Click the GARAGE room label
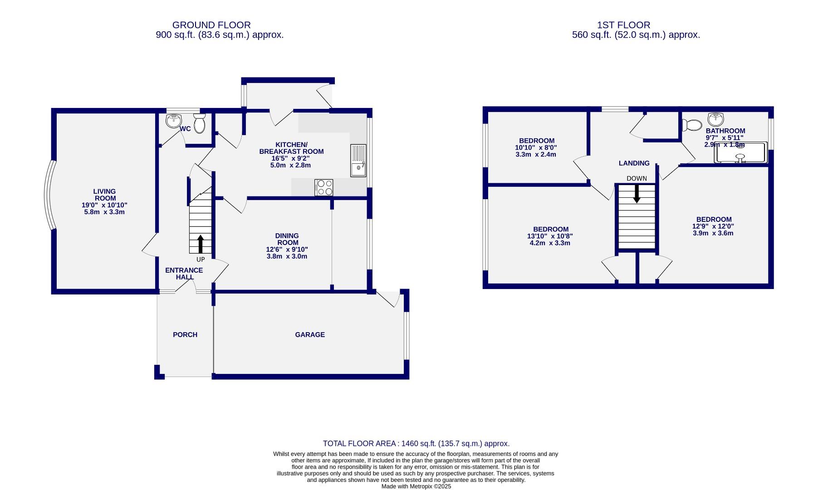click(310, 335)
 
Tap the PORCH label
click(185, 335)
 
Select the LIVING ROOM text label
click(104, 195)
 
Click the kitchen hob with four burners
click(323, 187)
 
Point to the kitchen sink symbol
click(358, 160)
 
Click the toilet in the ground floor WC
click(199, 123)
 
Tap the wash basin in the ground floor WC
click(173, 121)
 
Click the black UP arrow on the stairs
click(200, 244)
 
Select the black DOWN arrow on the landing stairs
click(637, 194)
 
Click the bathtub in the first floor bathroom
click(740, 153)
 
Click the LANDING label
click(634, 163)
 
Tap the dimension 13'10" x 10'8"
click(550, 236)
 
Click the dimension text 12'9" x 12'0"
click(713, 226)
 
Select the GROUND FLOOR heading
click(211, 25)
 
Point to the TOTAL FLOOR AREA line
click(416, 444)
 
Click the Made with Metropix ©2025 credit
click(416, 486)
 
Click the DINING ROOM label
click(287, 239)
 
